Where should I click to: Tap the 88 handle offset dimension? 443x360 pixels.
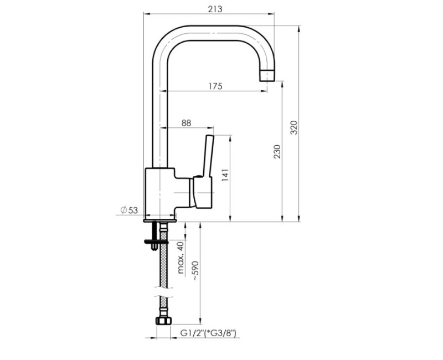click(x=186, y=123)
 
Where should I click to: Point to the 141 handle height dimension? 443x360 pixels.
click(x=225, y=176)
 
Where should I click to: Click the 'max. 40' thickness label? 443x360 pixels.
click(x=180, y=258)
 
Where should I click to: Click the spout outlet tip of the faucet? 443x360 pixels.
click(x=268, y=75)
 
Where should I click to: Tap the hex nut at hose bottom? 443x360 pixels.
click(x=163, y=321)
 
